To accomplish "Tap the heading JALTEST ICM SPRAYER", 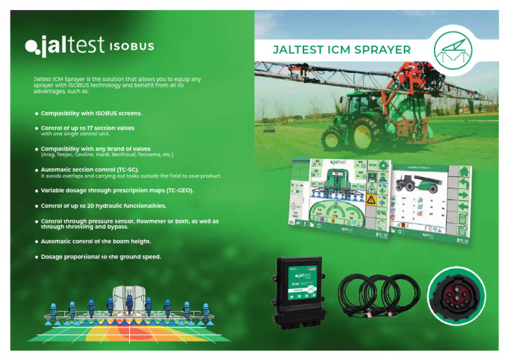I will (343, 50).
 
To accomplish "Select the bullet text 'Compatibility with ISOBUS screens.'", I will (91, 113).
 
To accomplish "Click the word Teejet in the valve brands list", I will (68, 154).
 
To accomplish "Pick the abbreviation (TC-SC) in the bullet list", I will (127, 170).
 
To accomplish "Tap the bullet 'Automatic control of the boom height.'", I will (96, 241).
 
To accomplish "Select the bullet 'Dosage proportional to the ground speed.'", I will (101, 257).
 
